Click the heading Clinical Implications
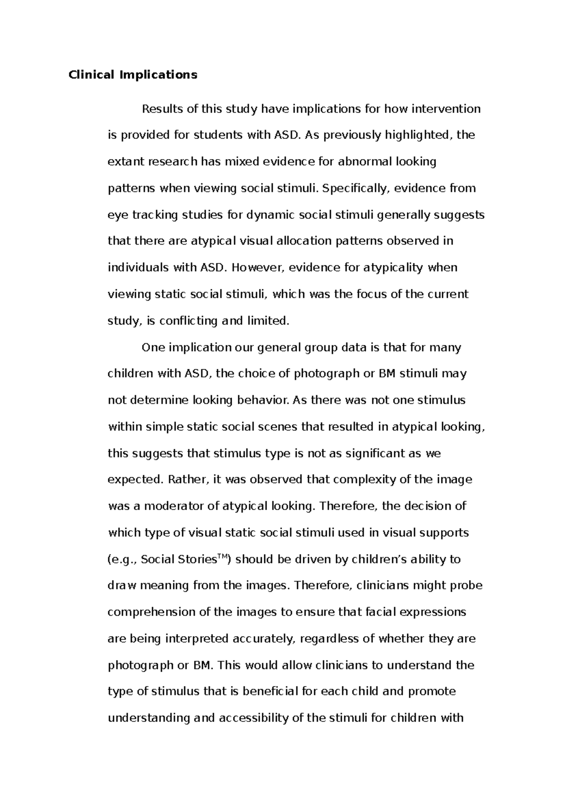click(133, 75)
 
